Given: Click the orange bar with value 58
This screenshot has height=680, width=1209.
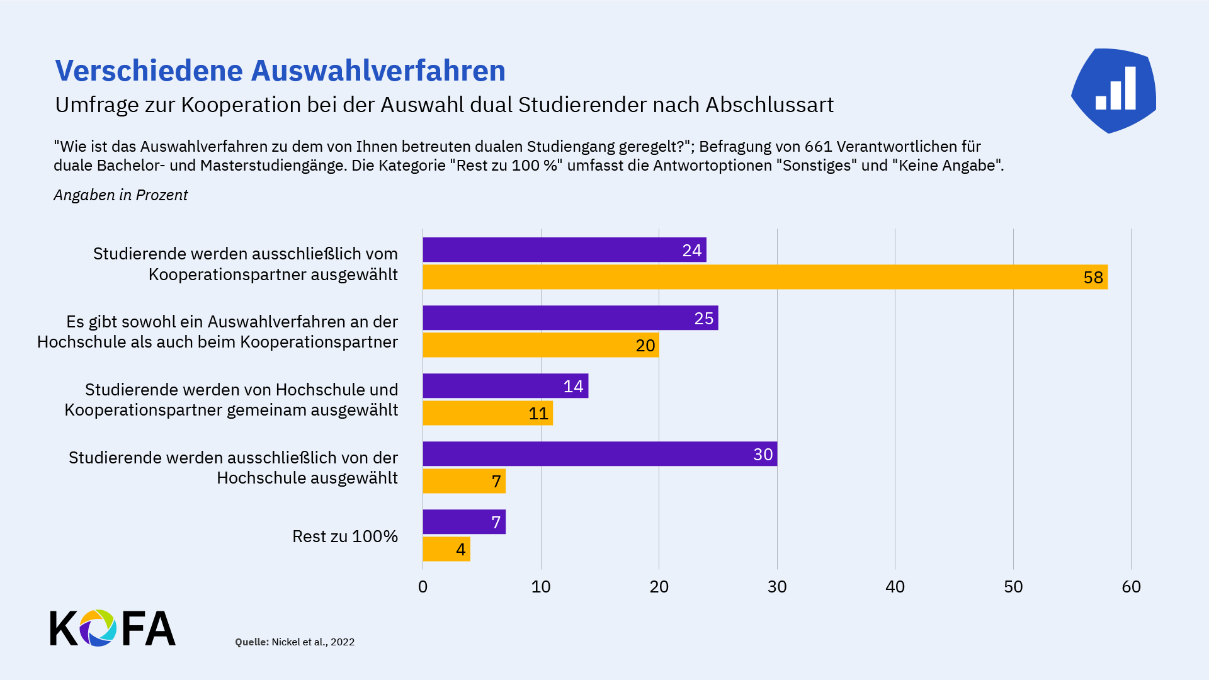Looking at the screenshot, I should tap(764, 277).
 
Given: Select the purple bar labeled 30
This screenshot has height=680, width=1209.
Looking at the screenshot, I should tap(599, 454).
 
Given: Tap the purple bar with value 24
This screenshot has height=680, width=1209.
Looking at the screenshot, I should tap(564, 250).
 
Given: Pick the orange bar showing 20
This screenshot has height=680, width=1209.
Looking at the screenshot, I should tap(540, 345).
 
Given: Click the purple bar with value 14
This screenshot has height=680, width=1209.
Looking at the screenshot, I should tap(505, 386).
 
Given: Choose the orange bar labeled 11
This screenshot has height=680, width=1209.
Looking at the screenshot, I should tap(487, 413).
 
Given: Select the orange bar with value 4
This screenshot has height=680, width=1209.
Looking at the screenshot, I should tap(446, 549).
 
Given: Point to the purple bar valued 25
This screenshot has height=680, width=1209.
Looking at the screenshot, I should tap(570, 318).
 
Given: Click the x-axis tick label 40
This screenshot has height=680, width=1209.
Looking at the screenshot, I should tap(895, 587).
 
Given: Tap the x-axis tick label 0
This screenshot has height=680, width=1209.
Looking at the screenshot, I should tap(423, 587).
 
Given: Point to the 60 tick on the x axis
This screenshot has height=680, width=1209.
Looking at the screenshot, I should tap(1131, 587).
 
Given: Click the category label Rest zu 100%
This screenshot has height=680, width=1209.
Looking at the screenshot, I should tap(344, 536).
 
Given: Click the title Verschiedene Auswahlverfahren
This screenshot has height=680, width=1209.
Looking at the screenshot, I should tap(280, 71).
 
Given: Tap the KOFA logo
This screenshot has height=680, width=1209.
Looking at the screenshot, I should tap(113, 628).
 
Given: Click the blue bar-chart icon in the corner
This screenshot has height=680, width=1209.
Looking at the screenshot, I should tap(1114, 91).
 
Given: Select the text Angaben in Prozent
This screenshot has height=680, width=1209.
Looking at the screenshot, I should tap(120, 195).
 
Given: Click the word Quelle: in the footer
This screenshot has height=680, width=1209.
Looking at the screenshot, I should tap(251, 642).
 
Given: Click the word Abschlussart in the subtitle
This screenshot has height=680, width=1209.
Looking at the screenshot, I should tap(769, 105).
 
